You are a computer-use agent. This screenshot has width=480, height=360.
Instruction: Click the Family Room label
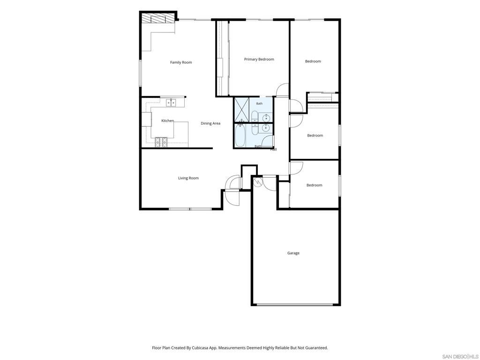coord(181,62)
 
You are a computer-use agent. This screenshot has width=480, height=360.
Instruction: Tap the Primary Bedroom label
coord(259,60)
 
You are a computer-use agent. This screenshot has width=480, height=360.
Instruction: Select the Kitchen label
coord(167,121)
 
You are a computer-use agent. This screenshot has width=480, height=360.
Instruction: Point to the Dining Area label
coord(210,123)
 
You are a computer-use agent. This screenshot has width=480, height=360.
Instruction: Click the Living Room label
coord(188,178)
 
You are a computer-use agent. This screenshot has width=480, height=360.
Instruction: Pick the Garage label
coord(293,253)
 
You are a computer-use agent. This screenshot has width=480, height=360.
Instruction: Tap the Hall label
coord(273,150)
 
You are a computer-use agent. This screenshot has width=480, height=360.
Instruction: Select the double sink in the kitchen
coord(171,103)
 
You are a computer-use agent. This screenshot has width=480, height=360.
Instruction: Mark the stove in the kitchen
coord(161,142)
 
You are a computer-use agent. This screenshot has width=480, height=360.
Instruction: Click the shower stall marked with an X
coord(242,110)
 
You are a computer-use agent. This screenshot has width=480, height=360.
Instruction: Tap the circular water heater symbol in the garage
coord(258,182)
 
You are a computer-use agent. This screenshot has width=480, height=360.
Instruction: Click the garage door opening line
coord(294,305)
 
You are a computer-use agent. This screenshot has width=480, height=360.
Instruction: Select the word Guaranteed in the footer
coord(317,348)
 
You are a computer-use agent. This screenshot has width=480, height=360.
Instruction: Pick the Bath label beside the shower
coord(259,104)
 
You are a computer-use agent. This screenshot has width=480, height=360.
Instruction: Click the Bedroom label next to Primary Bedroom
coord(313,61)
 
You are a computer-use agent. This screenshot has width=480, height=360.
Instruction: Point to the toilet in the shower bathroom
coord(255,116)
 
